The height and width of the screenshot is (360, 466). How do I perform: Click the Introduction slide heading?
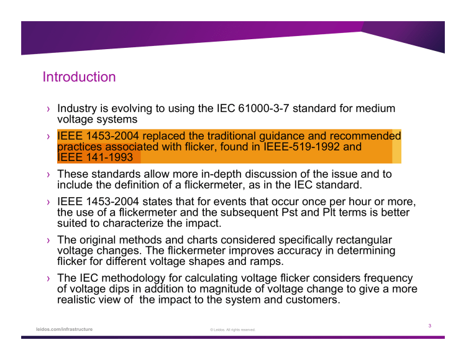pyautogui.click(x=79, y=78)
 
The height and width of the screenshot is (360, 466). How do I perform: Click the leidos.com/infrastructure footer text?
pyautogui.click(x=65, y=329)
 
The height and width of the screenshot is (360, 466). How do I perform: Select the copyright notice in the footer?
pyautogui.click(x=232, y=330)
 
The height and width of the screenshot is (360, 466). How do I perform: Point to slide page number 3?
pyautogui.click(x=429, y=325)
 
